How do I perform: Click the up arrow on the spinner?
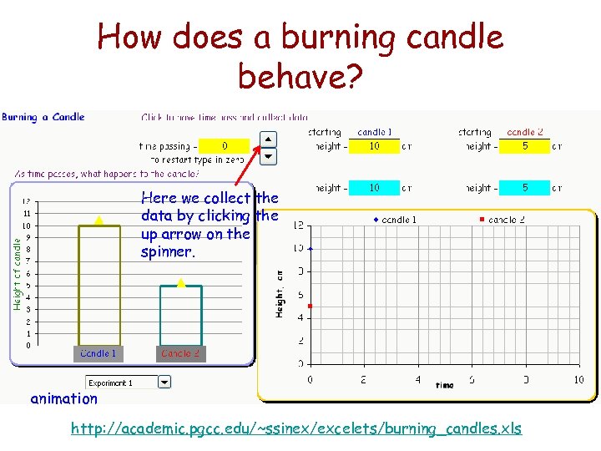[x=268, y=139]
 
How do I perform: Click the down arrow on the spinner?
[x=268, y=155]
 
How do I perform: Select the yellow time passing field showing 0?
[x=225, y=146]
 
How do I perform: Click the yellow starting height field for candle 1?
[x=375, y=146]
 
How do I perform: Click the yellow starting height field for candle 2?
[x=525, y=146]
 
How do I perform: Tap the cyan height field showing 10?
[x=375, y=188]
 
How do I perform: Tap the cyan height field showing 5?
[x=525, y=188]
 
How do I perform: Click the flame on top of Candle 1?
[x=98, y=220]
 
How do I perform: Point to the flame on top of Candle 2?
[x=180, y=283]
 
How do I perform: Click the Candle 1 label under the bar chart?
[x=98, y=353]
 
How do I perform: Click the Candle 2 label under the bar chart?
[x=180, y=353]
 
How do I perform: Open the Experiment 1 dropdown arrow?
[x=164, y=383]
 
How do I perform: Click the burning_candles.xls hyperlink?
[x=296, y=428]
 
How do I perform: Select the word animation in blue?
[x=63, y=398]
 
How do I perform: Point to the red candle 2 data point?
[x=310, y=307]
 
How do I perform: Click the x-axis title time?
[x=445, y=385]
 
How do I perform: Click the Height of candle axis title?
[x=17, y=271]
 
